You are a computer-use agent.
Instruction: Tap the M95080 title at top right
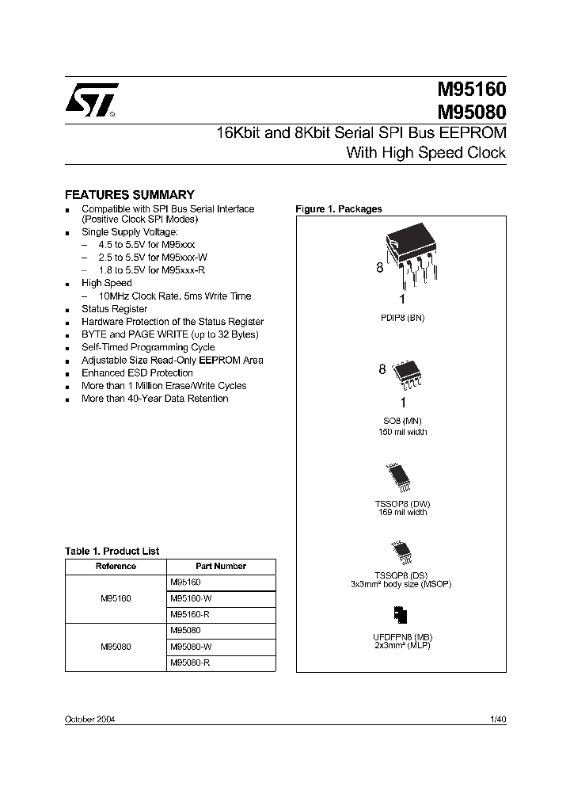click(471, 112)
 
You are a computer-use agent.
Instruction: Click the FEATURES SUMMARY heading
click(129, 194)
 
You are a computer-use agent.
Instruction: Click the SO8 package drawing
click(405, 375)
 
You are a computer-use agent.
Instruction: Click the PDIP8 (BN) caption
click(402, 317)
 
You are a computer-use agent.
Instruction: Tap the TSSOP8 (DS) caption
click(401, 576)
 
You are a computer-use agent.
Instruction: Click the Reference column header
click(116, 566)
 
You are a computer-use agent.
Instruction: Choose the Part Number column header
click(221, 566)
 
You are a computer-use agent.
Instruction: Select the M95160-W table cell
click(191, 598)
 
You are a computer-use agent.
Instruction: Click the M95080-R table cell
click(190, 662)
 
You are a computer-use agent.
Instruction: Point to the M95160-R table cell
click(190, 614)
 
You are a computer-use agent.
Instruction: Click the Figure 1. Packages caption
click(339, 209)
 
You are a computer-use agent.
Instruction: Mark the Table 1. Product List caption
click(112, 551)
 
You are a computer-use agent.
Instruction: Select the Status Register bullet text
click(114, 309)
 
